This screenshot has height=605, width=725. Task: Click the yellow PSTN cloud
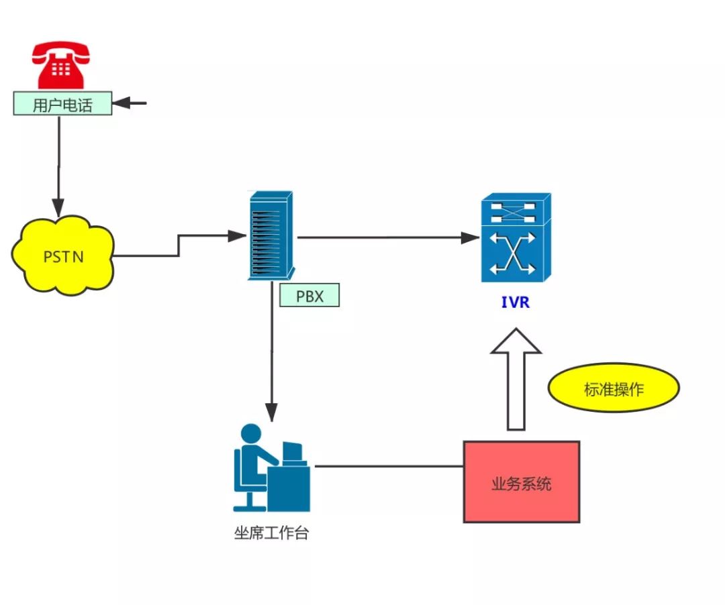pyautogui.click(x=62, y=256)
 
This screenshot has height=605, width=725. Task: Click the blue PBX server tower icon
pyautogui.click(x=270, y=235)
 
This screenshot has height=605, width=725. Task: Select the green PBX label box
pyautogui.click(x=309, y=296)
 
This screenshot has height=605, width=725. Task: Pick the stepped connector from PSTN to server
pyautogui.click(x=178, y=245)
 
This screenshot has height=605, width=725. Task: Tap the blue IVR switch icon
pyautogui.click(x=516, y=238)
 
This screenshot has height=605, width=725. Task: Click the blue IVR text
pyautogui.click(x=515, y=302)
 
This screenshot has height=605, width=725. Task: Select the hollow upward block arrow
pyautogui.click(x=516, y=379)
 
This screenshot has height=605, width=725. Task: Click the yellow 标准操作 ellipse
pyautogui.click(x=614, y=388)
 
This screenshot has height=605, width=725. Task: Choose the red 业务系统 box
pyautogui.click(x=521, y=482)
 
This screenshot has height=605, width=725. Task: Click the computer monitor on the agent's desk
pyautogui.click(x=293, y=453)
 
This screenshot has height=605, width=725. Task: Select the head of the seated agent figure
pyautogui.click(x=251, y=433)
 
